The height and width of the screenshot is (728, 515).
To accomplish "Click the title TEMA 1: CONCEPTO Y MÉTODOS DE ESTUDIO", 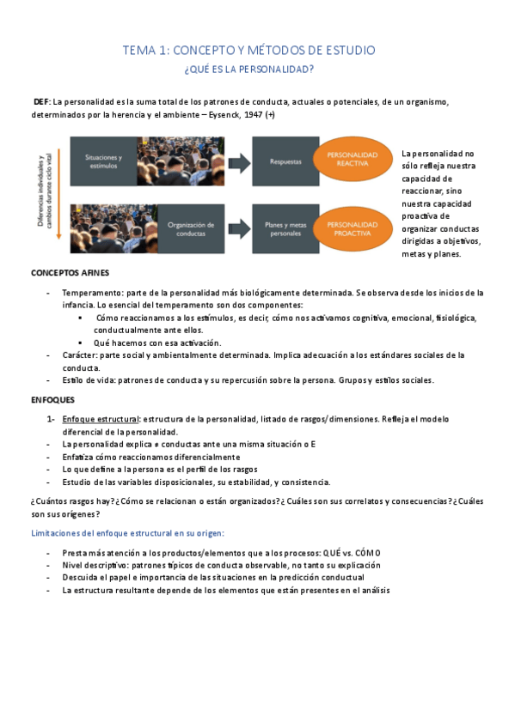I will (249, 51).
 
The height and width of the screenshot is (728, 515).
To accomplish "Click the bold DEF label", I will (41, 102).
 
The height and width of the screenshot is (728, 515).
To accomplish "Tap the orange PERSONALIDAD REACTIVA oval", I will (352, 160).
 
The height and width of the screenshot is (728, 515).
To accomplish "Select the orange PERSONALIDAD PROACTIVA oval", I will (352, 227).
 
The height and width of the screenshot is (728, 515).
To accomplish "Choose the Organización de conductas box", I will (191, 227).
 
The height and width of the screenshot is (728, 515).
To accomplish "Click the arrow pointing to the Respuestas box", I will (238, 160).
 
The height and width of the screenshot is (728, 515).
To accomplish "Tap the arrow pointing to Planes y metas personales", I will (238, 227).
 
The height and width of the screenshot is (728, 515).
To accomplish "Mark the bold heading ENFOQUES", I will (52, 399).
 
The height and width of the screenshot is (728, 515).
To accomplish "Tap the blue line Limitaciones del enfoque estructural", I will (126, 534).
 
